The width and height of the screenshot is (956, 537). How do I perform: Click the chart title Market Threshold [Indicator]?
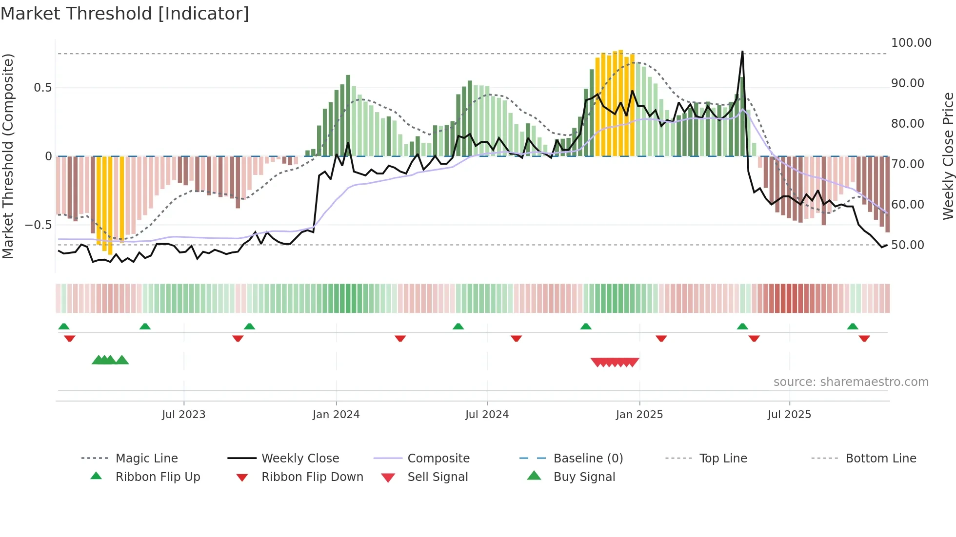click(x=125, y=14)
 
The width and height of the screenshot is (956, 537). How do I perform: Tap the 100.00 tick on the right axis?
click(x=911, y=43)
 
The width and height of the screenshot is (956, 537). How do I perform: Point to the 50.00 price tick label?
click(x=907, y=245)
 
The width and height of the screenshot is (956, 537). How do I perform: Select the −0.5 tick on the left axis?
click(x=38, y=225)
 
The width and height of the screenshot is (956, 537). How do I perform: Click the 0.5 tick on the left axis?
click(x=42, y=88)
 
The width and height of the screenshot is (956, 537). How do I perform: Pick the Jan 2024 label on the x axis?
click(x=336, y=415)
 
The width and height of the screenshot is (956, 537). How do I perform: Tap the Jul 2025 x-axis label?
click(x=789, y=415)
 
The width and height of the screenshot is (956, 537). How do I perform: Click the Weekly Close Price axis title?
click(x=948, y=156)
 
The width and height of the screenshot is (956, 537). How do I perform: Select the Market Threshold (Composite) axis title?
click(x=8, y=156)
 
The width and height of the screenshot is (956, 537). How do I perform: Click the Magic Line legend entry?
click(x=146, y=459)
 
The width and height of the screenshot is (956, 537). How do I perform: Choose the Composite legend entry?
click(x=438, y=459)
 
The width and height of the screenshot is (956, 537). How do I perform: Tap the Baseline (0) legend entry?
click(x=588, y=459)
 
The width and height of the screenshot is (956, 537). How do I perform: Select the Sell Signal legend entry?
click(x=437, y=477)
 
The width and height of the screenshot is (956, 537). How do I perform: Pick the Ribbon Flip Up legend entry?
click(x=158, y=477)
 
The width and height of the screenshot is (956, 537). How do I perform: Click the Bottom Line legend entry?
click(x=880, y=459)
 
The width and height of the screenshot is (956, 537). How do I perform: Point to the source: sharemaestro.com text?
click(x=851, y=382)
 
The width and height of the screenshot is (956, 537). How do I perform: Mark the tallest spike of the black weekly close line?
click(x=742, y=52)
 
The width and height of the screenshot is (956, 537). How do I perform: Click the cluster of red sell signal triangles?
click(x=615, y=362)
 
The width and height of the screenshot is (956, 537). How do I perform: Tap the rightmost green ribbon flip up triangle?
click(x=852, y=326)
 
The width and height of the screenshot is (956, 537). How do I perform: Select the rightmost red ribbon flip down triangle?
click(x=864, y=339)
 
